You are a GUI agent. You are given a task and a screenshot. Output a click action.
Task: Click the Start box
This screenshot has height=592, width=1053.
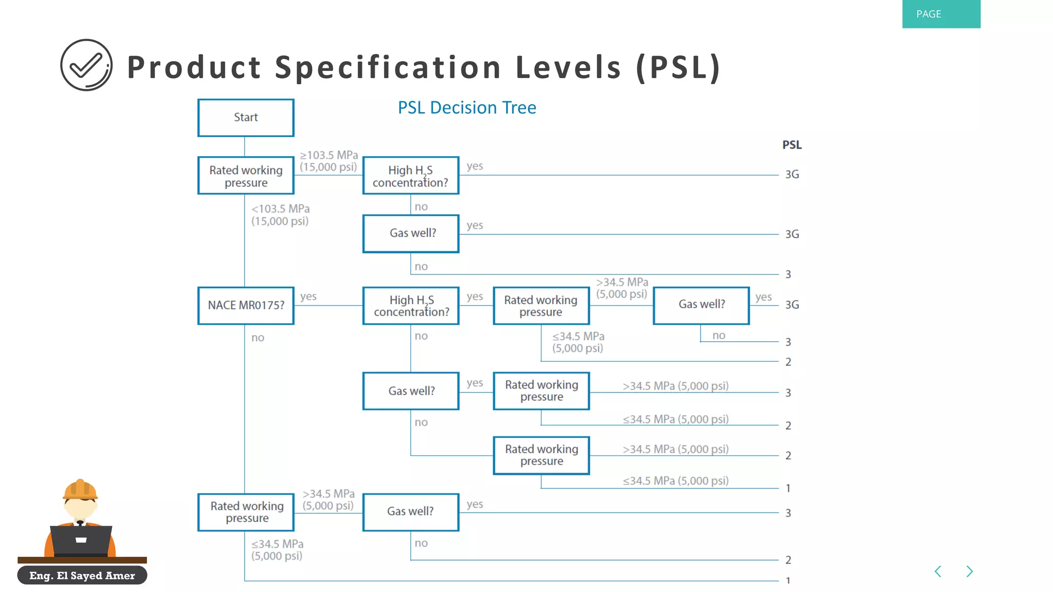point(246,118)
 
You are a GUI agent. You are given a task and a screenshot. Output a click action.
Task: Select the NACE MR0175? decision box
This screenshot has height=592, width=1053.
point(246,305)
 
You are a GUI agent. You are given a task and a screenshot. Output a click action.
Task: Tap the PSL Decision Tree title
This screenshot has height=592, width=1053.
point(467,108)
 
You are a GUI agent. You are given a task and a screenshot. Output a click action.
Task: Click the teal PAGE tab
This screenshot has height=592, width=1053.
point(941,14)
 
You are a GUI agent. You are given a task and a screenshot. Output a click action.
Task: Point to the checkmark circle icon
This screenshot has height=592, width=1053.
point(86,65)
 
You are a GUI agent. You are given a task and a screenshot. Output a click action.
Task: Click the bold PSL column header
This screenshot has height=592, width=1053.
point(792,145)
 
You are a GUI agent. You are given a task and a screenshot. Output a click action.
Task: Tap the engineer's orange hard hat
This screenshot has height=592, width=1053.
point(80,489)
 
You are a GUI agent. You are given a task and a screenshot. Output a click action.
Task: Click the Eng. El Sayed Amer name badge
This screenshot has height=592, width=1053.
point(82,576)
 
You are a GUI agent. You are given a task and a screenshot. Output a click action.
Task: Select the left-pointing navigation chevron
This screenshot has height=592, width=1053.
point(938,571)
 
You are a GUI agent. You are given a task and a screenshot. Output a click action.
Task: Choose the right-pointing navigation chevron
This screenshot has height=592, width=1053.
point(970,571)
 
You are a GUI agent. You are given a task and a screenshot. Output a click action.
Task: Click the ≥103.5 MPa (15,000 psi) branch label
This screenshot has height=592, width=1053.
point(329,161)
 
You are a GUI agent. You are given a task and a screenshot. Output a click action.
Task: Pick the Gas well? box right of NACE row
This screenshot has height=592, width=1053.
point(701,305)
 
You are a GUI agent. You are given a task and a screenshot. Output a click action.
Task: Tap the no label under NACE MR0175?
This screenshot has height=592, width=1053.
point(258,338)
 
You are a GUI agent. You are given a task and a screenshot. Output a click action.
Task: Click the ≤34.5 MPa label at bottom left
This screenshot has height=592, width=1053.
point(277,549)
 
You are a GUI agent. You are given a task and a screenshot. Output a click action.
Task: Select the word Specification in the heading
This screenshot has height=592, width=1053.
point(388,67)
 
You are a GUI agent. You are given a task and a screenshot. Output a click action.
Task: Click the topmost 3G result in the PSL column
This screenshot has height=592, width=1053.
point(792,175)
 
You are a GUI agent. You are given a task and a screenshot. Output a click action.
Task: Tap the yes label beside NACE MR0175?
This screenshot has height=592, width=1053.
point(308,297)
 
